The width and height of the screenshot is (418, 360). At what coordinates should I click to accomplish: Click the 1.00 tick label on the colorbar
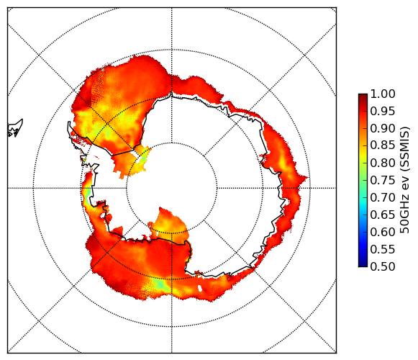(x=383, y=94)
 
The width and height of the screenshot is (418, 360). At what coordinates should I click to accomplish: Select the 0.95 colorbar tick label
(x=383, y=112)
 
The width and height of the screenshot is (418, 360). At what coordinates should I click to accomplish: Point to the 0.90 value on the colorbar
(x=383, y=128)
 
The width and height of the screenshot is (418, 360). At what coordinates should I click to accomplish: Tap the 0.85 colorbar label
(x=383, y=145)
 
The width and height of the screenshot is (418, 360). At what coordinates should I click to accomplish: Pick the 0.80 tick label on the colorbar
(x=383, y=163)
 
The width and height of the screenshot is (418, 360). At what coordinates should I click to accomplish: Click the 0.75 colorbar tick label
(x=383, y=180)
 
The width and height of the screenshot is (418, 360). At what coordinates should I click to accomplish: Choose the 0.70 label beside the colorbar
(x=383, y=197)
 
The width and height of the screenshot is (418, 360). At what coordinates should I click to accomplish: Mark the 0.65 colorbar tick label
(x=383, y=215)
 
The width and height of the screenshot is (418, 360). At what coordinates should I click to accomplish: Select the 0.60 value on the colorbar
(x=383, y=232)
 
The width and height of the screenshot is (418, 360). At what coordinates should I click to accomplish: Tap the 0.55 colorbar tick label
(x=383, y=249)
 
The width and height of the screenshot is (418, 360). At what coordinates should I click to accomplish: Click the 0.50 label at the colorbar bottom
(x=383, y=266)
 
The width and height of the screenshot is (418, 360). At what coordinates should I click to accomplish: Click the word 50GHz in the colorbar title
(x=404, y=218)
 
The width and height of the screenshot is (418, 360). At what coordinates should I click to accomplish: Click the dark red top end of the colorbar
(x=363, y=96)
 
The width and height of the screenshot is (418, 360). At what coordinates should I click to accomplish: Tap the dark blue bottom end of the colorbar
(x=363, y=264)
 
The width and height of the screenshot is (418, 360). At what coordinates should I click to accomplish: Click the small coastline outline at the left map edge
(x=15, y=128)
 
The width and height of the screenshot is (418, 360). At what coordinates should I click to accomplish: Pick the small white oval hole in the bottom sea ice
(x=200, y=288)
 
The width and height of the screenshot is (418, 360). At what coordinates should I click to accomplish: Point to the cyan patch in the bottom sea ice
(x=160, y=284)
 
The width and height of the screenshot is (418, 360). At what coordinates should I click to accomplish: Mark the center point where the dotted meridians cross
(x=172, y=188)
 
